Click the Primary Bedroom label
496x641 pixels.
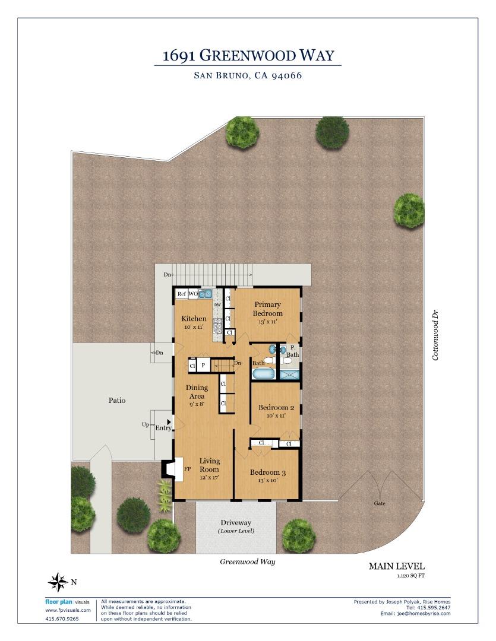[268, 309]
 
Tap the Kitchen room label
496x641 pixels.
[194, 319]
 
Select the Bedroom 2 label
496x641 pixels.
[276, 408]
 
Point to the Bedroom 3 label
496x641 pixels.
[268, 472]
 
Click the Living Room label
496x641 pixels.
[210, 465]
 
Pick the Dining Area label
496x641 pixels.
[197, 392]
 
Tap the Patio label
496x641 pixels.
[117, 400]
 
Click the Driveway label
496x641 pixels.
[236, 522]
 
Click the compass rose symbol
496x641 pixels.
[58, 582]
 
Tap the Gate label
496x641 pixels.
[380, 503]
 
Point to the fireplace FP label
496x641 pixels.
[188, 469]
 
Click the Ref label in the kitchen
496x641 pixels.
[181, 294]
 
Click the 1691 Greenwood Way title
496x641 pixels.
[248, 55]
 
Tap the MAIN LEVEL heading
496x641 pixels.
[397, 566]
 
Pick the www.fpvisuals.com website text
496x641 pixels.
[68, 610]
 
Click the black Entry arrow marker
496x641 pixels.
[169, 421]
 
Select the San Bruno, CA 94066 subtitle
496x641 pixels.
[248, 75]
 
